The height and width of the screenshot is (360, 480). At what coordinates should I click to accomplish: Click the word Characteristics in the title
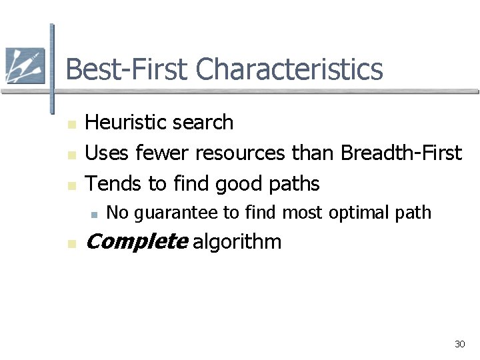point(290,69)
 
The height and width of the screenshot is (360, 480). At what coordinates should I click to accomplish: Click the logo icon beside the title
point(25,65)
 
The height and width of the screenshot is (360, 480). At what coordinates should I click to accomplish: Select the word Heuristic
point(125,123)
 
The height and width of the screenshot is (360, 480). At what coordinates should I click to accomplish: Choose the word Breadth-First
point(401,153)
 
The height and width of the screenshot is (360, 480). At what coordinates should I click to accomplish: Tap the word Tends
point(109,183)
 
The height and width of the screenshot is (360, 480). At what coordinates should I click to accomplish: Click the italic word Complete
point(137,241)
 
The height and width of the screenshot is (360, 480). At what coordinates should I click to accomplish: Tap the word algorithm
point(237,241)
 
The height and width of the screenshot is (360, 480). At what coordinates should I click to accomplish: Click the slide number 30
point(459,344)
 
